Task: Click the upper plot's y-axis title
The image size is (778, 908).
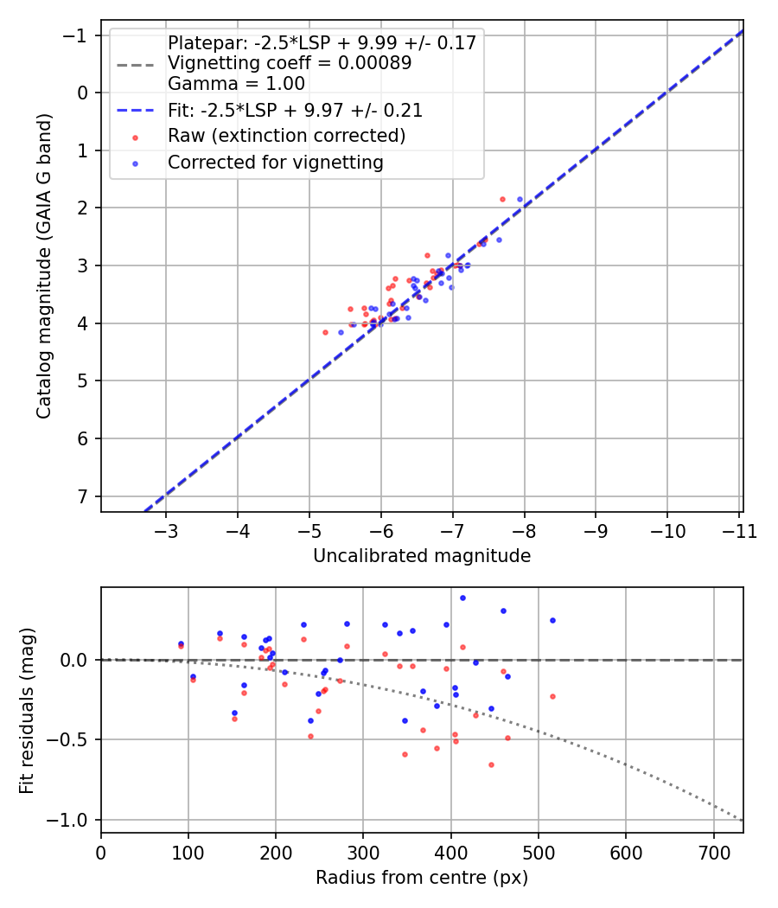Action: tap(44, 265)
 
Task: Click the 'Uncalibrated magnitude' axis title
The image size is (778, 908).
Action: tap(422, 556)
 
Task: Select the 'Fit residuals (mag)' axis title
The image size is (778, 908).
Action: tap(27, 711)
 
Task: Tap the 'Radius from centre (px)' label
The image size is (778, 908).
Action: tap(422, 878)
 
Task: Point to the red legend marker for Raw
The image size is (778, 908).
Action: tap(136, 137)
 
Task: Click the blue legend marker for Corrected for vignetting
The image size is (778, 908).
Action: tap(136, 164)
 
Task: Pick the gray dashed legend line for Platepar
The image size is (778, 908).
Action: tap(136, 65)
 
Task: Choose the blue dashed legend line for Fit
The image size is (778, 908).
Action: tap(136, 111)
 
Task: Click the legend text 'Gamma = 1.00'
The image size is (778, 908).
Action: tap(236, 84)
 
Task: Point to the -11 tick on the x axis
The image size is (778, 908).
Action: tap(739, 531)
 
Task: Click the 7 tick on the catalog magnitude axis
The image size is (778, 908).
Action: tap(83, 497)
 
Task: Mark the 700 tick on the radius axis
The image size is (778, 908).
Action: tap(714, 853)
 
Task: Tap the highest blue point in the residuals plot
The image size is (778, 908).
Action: tap(462, 598)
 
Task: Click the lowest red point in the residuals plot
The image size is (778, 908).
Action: tap(492, 765)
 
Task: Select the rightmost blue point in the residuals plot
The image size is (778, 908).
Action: tap(553, 620)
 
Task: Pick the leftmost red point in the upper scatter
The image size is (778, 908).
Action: tap(325, 332)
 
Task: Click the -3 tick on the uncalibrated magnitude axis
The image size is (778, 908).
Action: tap(166, 531)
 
